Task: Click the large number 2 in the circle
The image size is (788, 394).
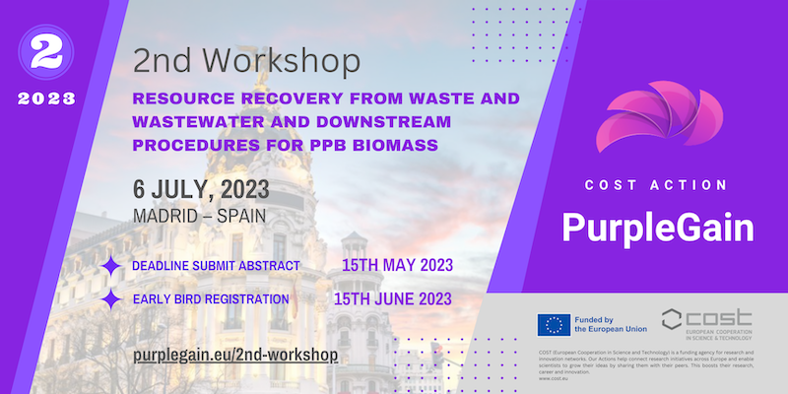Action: (43, 55)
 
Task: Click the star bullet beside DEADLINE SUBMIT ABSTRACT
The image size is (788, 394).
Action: (112, 266)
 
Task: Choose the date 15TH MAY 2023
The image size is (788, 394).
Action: (396, 266)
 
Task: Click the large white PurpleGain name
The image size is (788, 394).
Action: (657, 228)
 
